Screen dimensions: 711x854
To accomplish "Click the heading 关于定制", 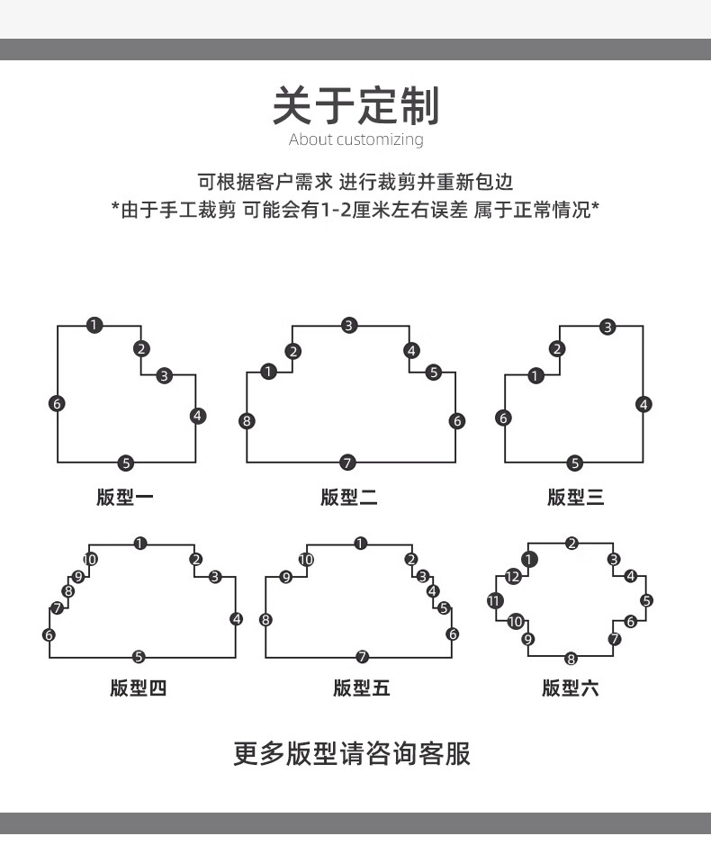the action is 355,105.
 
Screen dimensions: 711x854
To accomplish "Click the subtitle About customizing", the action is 355,140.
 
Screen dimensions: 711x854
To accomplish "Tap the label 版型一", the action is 125,497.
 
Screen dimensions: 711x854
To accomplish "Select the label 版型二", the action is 348,497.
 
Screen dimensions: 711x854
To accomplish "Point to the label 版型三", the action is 575,497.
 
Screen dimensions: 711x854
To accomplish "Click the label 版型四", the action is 138,688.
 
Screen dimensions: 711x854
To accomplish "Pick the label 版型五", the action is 361,688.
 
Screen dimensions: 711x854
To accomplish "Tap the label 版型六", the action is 570,688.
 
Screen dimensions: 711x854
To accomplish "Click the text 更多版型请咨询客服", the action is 352,754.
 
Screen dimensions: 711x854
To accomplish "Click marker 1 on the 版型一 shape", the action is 94,325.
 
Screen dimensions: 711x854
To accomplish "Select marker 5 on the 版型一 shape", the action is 126,463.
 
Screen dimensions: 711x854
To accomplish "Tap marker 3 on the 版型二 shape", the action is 349,325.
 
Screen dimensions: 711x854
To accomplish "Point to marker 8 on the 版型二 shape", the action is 247,420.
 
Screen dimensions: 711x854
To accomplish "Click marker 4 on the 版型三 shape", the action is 643,404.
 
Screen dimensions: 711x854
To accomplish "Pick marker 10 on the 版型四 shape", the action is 90,559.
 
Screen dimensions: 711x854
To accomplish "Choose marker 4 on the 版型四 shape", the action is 237,619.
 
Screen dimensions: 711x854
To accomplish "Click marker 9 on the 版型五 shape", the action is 286,577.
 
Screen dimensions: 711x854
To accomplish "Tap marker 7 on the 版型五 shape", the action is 363,657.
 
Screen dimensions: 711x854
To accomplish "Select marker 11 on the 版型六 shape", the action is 495,600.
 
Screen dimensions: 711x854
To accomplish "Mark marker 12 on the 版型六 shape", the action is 512,576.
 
